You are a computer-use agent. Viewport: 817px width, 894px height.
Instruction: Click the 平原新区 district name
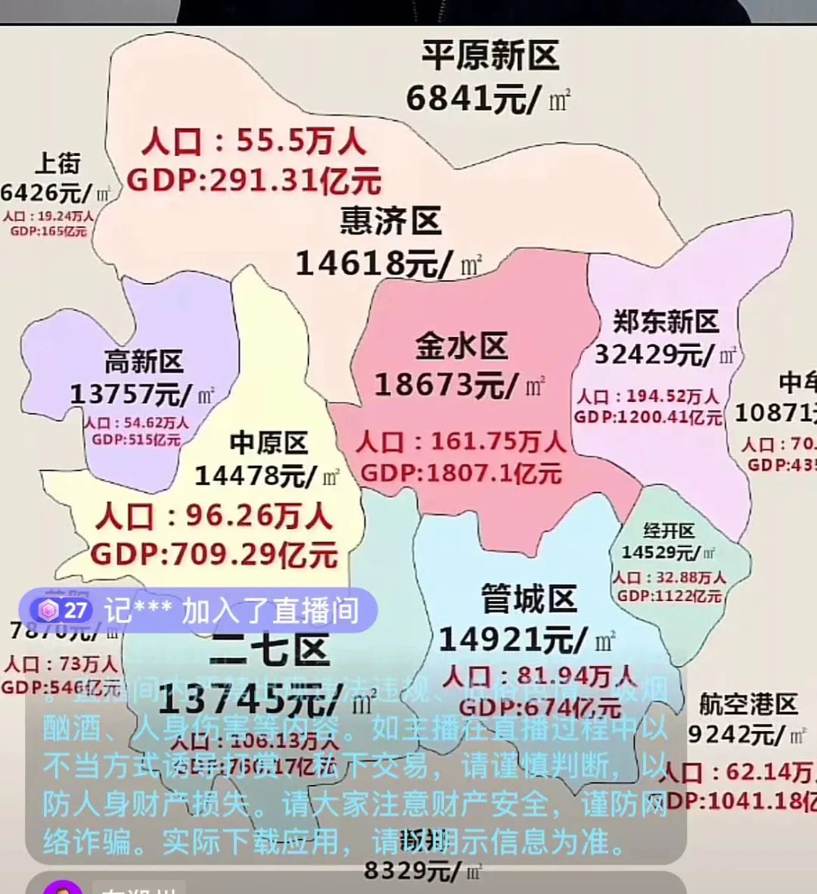click(490, 57)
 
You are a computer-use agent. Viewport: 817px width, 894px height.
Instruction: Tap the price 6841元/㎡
click(488, 98)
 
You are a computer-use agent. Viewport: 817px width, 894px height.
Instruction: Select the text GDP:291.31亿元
click(253, 180)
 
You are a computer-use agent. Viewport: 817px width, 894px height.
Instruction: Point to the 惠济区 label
click(390, 221)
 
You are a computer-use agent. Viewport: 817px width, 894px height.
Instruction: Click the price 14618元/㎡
click(388, 263)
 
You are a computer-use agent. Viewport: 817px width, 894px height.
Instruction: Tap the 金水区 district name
click(461, 346)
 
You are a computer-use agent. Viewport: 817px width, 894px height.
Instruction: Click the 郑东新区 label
click(666, 322)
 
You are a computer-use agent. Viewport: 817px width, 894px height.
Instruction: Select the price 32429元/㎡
click(664, 354)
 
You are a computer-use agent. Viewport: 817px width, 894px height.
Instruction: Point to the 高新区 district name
click(144, 362)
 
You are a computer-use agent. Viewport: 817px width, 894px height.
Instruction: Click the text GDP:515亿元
click(136, 440)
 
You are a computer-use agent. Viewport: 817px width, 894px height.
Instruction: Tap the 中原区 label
click(269, 443)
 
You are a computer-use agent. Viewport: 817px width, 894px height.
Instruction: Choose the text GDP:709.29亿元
click(214, 554)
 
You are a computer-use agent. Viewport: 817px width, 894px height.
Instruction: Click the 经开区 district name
click(669, 531)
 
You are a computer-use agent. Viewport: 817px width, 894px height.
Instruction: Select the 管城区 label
click(529, 600)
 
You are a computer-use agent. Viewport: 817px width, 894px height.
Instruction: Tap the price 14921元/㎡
click(527, 640)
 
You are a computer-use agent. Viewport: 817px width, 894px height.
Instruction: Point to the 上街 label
click(57, 163)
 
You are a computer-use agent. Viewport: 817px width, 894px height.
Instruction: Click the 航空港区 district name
click(748, 704)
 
